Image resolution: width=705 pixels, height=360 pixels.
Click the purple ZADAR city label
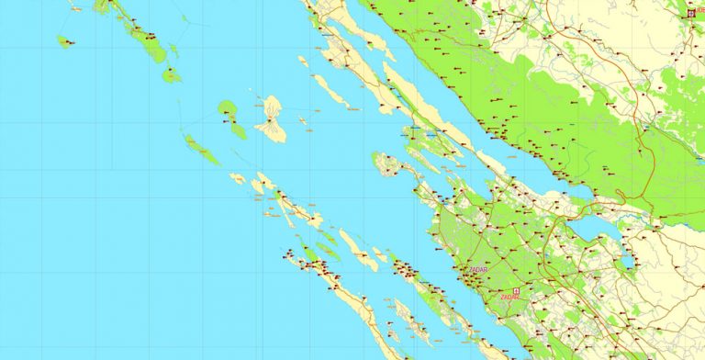pyautogui.click(x=477, y=269)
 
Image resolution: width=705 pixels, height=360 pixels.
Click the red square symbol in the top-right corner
pyautogui.click(x=691, y=13)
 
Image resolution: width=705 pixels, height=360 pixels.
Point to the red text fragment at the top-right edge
pyautogui.click(x=700, y=13)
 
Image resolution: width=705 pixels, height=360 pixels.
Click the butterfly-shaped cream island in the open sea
pyautogui.click(x=271, y=119)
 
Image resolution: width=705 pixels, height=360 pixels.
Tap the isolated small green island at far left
pyautogui.click(x=63, y=41)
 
